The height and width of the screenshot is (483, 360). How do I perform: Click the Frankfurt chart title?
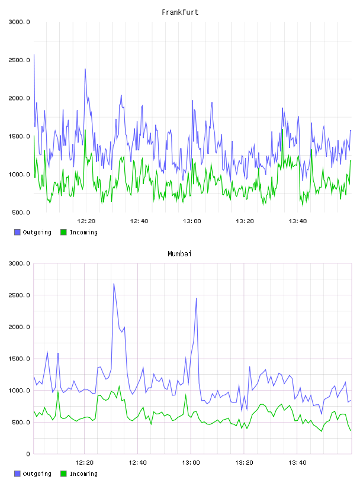click(x=180, y=12)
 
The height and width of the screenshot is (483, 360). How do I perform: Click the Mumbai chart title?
click(x=179, y=253)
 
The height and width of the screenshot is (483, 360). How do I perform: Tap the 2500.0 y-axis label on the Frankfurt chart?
click(x=19, y=60)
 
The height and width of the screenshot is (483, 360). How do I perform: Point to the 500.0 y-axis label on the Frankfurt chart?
click(x=21, y=212)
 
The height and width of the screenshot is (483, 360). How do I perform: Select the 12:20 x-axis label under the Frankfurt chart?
click(x=86, y=221)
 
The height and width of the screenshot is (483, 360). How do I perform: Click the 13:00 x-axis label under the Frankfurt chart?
click(x=192, y=221)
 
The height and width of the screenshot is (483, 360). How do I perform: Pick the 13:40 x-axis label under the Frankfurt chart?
click(x=298, y=221)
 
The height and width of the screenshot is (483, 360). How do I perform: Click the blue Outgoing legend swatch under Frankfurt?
click(x=17, y=232)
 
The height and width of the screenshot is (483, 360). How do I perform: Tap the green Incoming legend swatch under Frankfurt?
click(x=63, y=232)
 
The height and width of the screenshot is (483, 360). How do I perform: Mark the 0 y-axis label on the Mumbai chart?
click(x=28, y=454)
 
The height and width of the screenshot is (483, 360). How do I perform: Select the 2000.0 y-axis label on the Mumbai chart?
click(x=19, y=327)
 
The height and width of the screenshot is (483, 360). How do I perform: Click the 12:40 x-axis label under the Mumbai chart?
click(x=138, y=463)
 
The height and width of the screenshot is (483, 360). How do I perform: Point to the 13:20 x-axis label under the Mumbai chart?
click(x=244, y=463)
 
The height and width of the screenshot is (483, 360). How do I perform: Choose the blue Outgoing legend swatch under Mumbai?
click(x=17, y=474)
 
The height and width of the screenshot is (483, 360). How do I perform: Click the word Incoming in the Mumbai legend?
click(x=83, y=474)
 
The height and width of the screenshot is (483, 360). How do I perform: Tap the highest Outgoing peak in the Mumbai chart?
click(x=114, y=284)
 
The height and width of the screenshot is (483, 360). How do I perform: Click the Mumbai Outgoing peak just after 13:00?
click(x=197, y=298)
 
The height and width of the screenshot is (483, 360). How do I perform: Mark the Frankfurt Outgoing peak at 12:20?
click(x=85, y=69)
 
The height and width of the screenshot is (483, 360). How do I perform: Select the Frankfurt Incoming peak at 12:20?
click(x=85, y=130)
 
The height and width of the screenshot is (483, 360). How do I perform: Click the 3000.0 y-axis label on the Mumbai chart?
click(x=19, y=263)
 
